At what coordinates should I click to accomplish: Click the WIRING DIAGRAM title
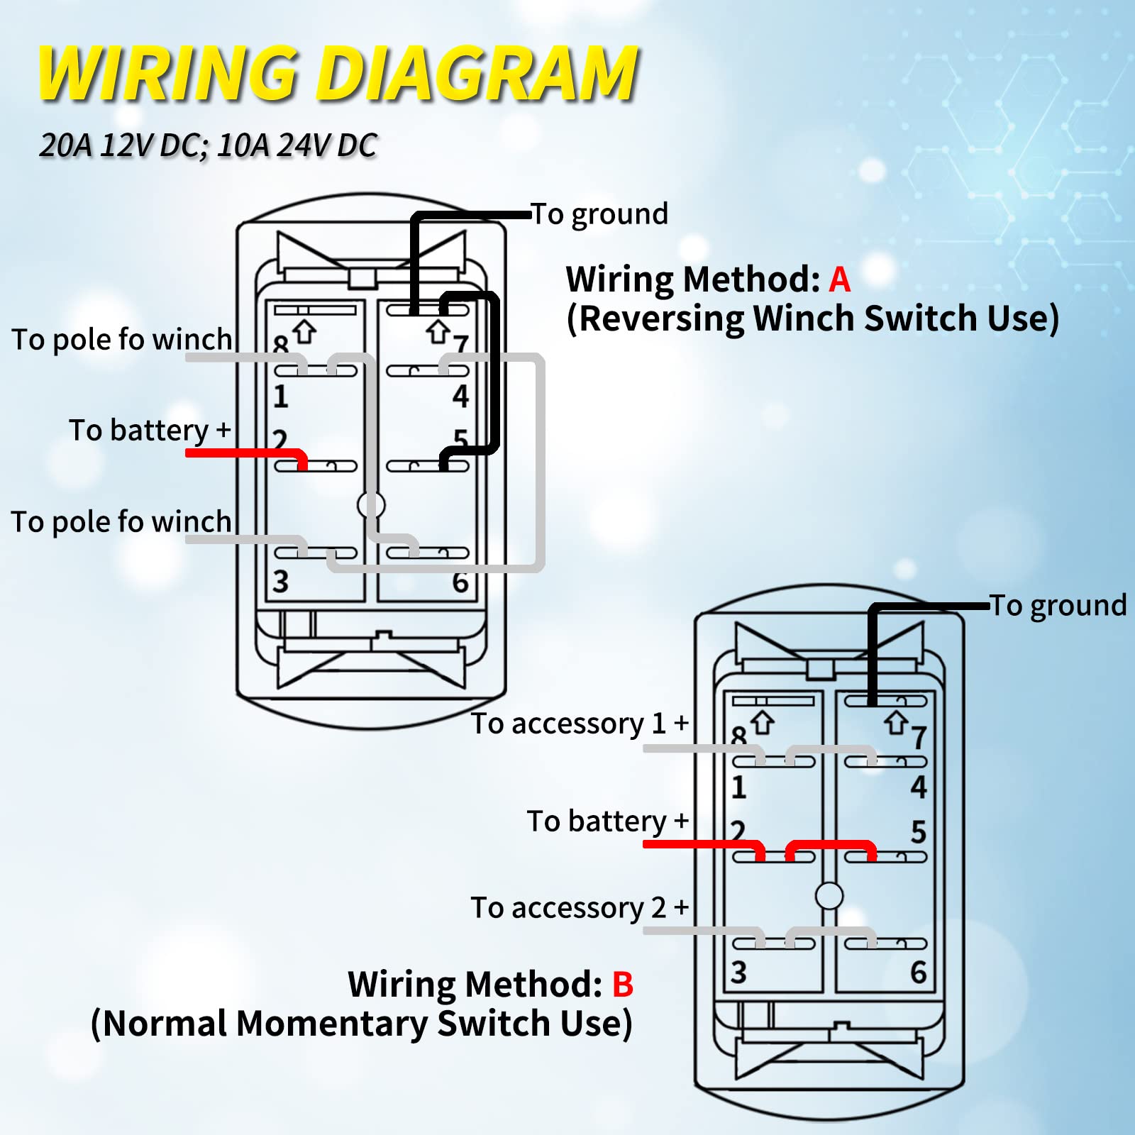pos(338,74)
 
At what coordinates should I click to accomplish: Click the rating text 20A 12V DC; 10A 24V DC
pos(208,145)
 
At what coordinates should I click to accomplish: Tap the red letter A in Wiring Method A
pos(839,279)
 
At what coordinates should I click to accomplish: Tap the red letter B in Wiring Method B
pos(622,985)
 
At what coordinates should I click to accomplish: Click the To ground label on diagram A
pos(600,214)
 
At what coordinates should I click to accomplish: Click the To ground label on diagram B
pos(1058,605)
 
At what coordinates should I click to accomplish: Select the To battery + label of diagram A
pos(150,430)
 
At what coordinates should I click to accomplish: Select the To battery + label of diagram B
pos(608,821)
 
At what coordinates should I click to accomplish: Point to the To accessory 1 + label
pos(580,724)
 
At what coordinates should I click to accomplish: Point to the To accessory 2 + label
pos(580,907)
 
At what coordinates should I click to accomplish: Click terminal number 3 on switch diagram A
pos(281,582)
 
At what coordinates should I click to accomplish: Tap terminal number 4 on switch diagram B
pos(919,787)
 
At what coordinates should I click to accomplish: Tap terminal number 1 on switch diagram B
pos(738,787)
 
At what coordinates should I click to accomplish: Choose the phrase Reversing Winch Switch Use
pos(813,319)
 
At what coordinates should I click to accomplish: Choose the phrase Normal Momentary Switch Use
pos(362,1024)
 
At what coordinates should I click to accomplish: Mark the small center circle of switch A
pos(371,505)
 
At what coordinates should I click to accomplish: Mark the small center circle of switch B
pos(829,896)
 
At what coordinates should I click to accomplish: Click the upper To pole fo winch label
pos(122,339)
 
